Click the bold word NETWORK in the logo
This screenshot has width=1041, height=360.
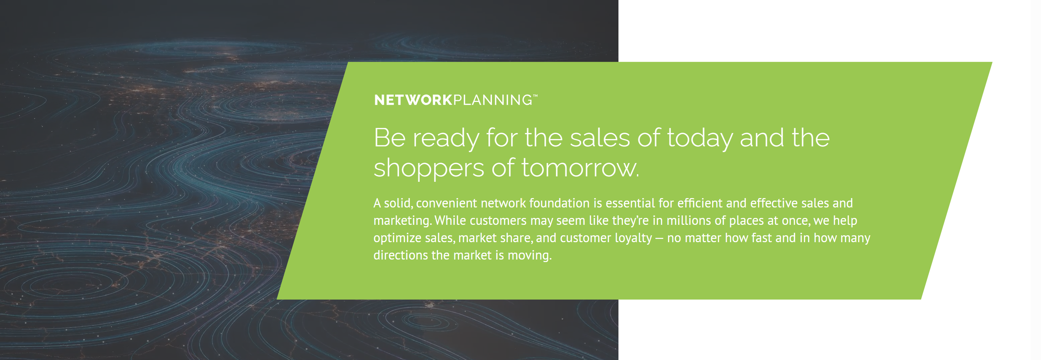point(413,100)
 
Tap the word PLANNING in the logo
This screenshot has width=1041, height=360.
point(493,100)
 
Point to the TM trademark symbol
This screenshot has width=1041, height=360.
point(535,96)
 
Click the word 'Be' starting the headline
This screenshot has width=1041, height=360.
point(389,138)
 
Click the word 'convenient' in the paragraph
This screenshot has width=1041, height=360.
point(446,203)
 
